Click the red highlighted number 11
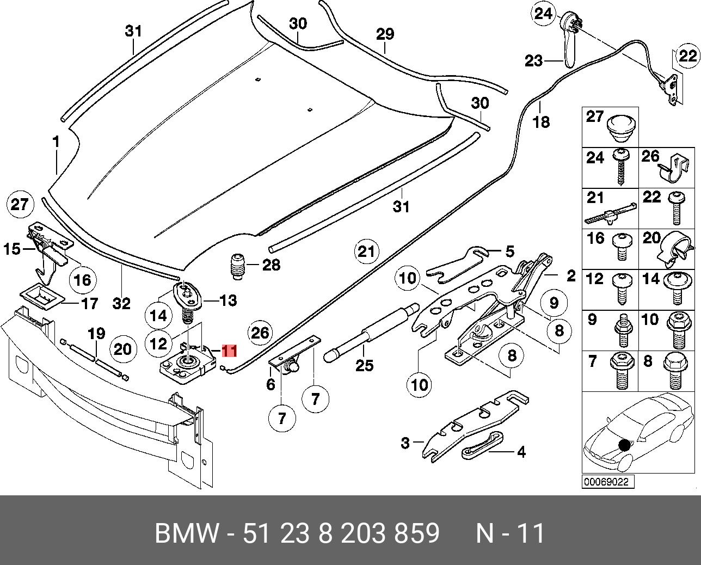[x=230, y=350]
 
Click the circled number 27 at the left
[x=20, y=205]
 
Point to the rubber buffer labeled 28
[x=237, y=266]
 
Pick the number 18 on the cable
[x=541, y=121]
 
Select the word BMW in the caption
[x=187, y=533]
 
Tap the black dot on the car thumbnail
[x=624, y=445]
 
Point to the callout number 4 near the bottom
[x=521, y=452]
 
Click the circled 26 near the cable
[x=260, y=332]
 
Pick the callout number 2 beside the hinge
[x=570, y=276]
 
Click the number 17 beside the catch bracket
[x=89, y=303]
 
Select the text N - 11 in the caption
[x=510, y=533]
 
